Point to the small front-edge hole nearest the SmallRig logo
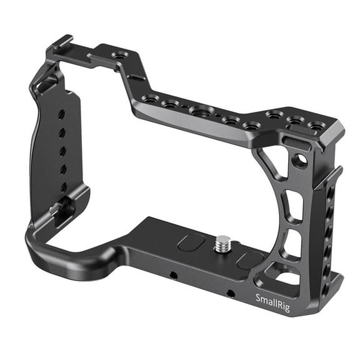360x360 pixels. click(x=231, y=292)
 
